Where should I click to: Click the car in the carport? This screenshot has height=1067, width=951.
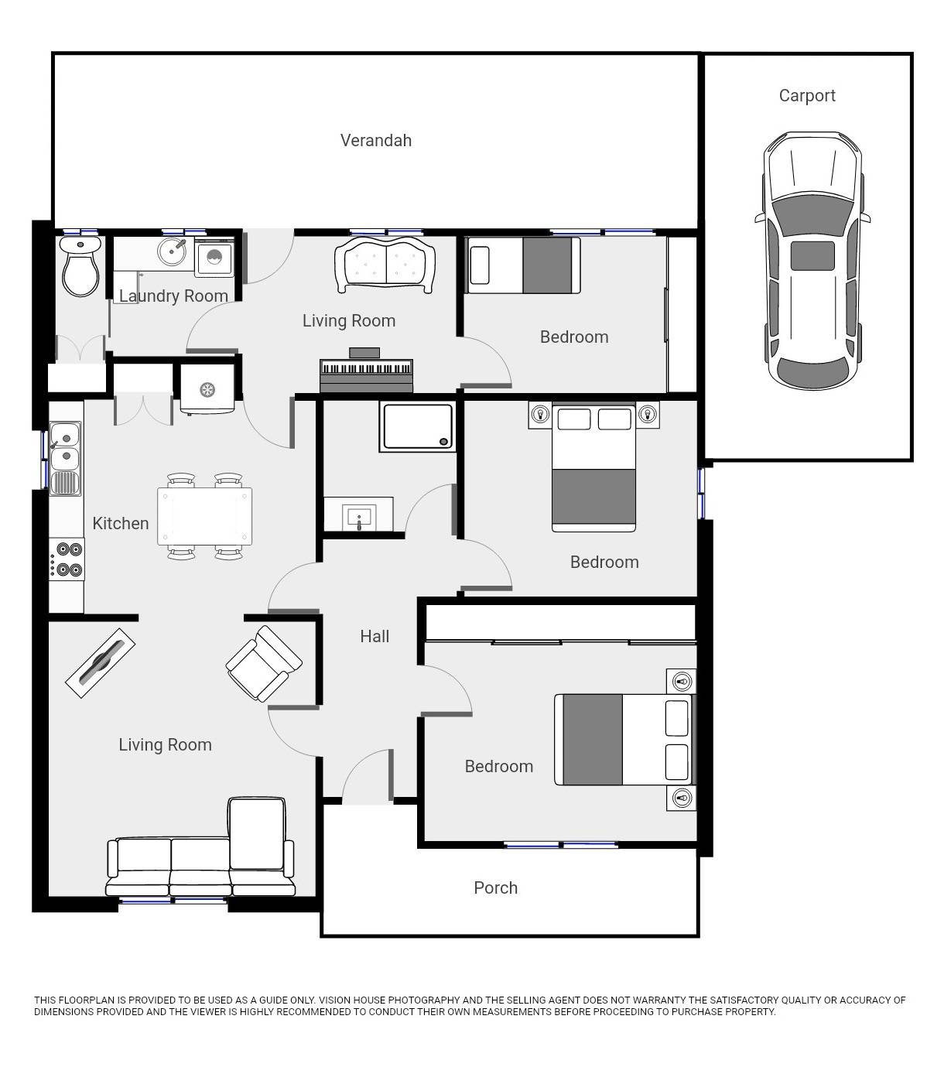click(x=812, y=261)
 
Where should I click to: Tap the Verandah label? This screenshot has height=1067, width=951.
click(x=376, y=140)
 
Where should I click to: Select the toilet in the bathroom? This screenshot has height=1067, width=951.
click(x=80, y=267)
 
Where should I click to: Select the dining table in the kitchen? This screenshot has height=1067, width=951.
click(x=205, y=516)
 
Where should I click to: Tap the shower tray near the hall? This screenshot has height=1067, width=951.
click(x=416, y=426)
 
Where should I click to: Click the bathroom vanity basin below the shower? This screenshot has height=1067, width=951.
click(x=358, y=515)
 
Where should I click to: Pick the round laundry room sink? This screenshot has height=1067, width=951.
click(x=172, y=251)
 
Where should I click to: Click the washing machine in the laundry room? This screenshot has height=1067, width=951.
click(x=214, y=258)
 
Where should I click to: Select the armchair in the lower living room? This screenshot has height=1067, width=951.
click(x=264, y=664)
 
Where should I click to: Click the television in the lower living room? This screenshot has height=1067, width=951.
click(x=101, y=663)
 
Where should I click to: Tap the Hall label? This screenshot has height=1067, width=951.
click(x=375, y=636)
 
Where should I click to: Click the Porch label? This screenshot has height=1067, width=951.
click(x=495, y=887)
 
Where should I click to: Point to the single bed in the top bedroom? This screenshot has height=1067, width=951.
click(x=524, y=265)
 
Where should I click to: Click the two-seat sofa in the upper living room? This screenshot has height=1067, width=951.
click(x=384, y=265)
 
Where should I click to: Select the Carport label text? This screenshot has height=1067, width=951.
click(x=807, y=96)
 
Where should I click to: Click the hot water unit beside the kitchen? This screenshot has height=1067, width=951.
click(x=207, y=389)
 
